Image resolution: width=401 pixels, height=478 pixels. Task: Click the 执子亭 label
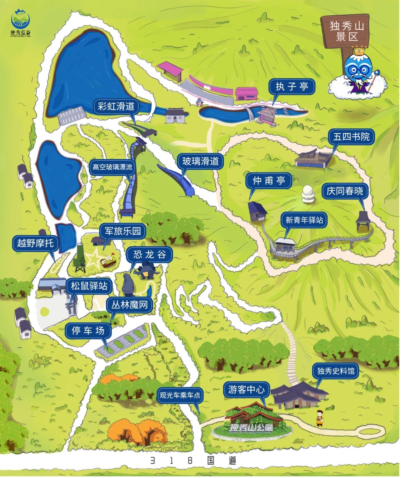coord(292,86)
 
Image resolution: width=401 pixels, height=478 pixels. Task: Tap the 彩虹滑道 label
coord(116,106)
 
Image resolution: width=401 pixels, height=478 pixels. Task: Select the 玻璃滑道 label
coord(200,162)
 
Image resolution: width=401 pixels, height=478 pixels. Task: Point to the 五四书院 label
coord(351,136)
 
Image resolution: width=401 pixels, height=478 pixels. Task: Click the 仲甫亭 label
coord(268,181)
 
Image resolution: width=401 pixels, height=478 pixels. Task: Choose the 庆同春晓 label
coord(345,191)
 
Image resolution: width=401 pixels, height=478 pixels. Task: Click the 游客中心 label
coord(246,390)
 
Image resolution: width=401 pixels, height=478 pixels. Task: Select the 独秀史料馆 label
coord(336,371)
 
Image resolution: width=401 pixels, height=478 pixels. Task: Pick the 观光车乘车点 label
coord(180,396)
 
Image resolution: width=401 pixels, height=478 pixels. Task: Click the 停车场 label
coord(88,330)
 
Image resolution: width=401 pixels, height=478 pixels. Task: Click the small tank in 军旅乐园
coord(107,261)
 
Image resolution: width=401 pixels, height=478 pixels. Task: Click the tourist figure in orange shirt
coord(319,418)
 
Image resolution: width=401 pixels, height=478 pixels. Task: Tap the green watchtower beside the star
coord(80,259)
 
